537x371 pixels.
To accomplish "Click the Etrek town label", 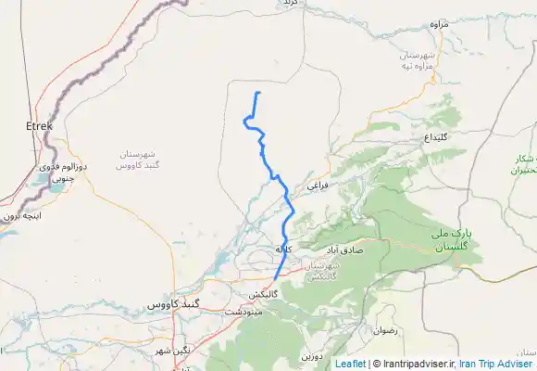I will (x=40, y=124).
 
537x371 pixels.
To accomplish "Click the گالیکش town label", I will (x=264, y=294).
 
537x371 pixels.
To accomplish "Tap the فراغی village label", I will (x=318, y=185).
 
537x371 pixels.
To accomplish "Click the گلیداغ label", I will (x=436, y=136).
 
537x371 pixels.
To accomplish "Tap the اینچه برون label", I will (x=20, y=214).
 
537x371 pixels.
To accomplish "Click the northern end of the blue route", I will (x=258, y=94).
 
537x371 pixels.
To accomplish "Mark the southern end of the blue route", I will (x=274, y=278).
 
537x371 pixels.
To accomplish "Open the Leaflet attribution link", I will (x=349, y=364).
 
